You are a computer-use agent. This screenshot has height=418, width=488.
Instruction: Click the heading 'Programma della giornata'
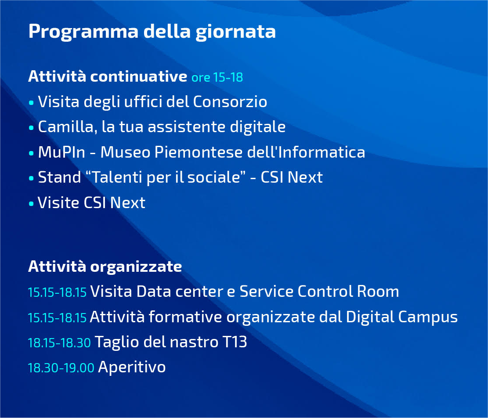152,32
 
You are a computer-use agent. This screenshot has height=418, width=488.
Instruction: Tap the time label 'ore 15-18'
217,78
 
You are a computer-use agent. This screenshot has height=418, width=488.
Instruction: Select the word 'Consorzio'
230,102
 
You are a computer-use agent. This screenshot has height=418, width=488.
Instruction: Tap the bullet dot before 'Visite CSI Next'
31,204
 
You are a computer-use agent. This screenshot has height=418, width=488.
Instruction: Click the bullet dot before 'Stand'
31,178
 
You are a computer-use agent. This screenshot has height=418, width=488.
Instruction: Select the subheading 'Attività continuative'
108,76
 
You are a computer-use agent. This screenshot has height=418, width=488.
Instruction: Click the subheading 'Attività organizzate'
105,266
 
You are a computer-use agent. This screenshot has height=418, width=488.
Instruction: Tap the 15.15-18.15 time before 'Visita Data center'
57,292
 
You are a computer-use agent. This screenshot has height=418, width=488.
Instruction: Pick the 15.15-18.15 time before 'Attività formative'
57,318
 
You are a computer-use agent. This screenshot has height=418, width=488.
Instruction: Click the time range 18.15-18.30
59,343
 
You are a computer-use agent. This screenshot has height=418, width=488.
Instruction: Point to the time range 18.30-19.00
61,368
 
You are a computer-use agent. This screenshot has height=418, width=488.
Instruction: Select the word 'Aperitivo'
132,367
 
